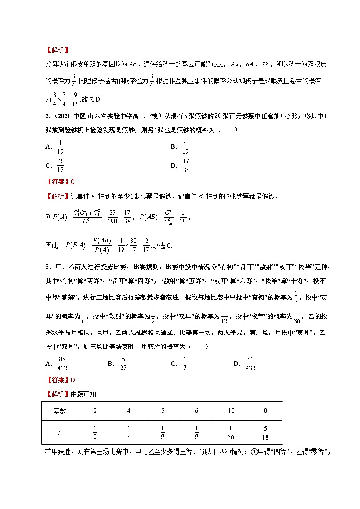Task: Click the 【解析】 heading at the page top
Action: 57,49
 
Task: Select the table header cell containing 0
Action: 265,411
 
